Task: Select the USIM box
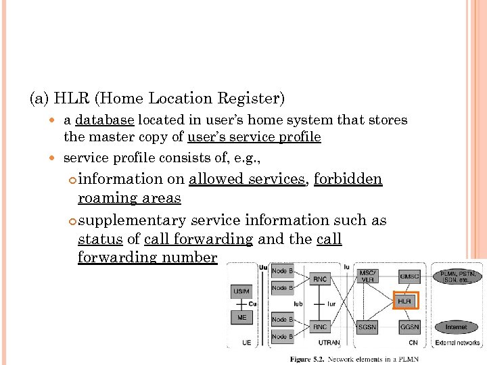pyautogui.click(x=242, y=291)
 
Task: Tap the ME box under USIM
pyautogui.click(x=242, y=317)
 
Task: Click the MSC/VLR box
pyautogui.click(x=367, y=276)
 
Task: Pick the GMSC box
pyautogui.click(x=409, y=276)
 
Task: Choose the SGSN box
pyautogui.click(x=367, y=327)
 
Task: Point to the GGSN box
pyautogui.click(x=409, y=327)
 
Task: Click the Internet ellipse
pyautogui.click(x=456, y=327)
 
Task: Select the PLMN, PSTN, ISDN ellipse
pyautogui.click(x=457, y=277)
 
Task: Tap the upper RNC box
pyautogui.click(x=321, y=278)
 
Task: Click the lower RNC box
pyautogui.click(x=321, y=327)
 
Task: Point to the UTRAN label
pyautogui.click(x=329, y=343)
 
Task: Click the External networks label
pyautogui.click(x=457, y=343)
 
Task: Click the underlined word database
pyautogui.click(x=105, y=120)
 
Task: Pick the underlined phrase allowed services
pyautogui.click(x=247, y=179)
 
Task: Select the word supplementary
pyautogui.click(x=132, y=220)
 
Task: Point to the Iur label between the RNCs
pyautogui.click(x=331, y=304)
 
